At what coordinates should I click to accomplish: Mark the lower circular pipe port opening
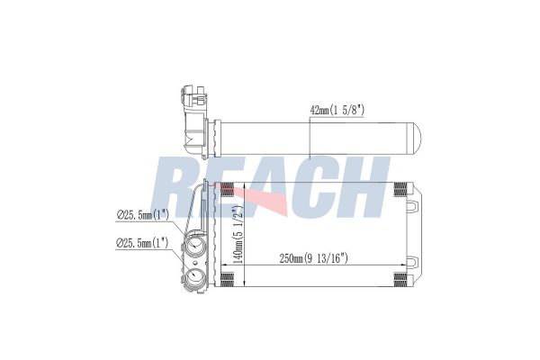pos(194,276)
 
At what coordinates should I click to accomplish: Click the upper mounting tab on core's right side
pos(410,207)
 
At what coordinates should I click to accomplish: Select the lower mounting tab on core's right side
pos(410,263)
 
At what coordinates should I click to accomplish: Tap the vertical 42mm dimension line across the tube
pos(310,139)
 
